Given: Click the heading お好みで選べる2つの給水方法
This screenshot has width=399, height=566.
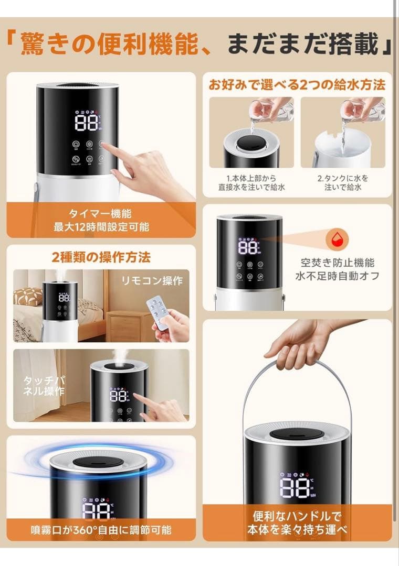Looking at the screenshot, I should pos(297,84).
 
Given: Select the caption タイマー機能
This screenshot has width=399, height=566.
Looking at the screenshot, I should pos(100,213).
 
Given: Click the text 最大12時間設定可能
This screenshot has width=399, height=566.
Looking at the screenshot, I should pos(100,226).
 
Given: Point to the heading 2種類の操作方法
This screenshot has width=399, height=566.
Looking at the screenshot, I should pos(101,257).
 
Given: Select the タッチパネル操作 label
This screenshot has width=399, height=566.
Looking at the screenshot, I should pos(44,386).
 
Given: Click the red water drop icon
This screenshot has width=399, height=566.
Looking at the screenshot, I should pos(337,240).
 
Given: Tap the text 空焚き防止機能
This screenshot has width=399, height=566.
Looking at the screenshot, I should pos(338,263).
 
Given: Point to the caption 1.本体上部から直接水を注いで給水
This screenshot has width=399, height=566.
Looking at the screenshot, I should pos(251,182).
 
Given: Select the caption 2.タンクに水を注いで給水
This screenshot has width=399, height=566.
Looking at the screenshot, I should pos(343,182).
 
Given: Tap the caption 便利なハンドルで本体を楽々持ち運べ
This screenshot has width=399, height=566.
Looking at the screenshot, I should pos(297,523).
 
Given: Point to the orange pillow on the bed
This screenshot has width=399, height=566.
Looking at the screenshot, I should pos(27,297).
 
